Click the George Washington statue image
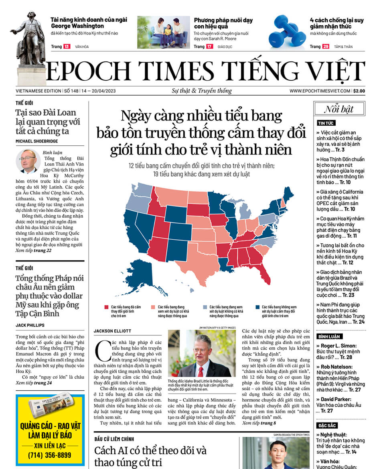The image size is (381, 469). point(30,44)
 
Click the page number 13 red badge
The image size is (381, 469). point(66,47)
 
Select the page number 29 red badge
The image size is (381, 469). point(325,47)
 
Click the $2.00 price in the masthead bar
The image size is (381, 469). point(359,91)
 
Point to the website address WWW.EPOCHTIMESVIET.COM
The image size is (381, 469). point(320,91)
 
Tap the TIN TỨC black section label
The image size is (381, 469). point(326,123)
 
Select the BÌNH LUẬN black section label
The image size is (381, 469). point(330,336)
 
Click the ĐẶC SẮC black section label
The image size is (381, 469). point(327,426)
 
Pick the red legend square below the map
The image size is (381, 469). point(106,308)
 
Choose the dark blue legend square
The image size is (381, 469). point(257,308)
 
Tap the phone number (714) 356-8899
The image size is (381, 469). point(50,455)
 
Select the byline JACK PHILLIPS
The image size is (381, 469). point(30,325)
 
